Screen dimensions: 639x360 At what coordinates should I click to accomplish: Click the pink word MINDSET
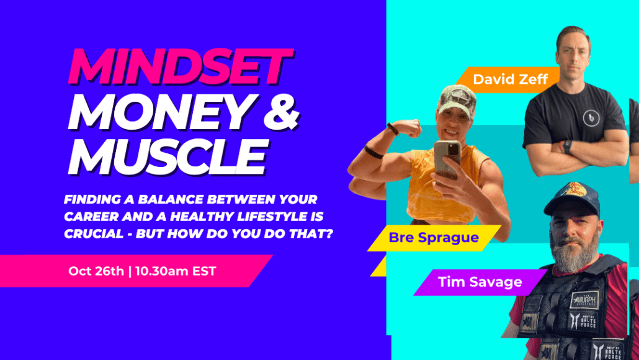click(x=181, y=67)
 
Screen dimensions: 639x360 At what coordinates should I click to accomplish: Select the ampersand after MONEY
click(x=281, y=112)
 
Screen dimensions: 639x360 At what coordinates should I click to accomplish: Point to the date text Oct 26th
click(x=96, y=271)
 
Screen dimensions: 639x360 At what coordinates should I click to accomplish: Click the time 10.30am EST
click(x=176, y=271)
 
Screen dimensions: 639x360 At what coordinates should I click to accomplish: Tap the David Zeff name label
click(x=510, y=79)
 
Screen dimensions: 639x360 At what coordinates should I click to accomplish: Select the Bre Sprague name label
click(x=434, y=237)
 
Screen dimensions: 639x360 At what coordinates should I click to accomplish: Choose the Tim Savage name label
click(x=480, y=282)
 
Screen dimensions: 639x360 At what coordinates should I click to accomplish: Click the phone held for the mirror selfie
click(x=447, y=159)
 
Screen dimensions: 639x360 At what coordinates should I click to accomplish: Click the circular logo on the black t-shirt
click(x=591, y=118)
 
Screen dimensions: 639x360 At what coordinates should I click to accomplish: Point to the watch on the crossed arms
click(x=567, y=146)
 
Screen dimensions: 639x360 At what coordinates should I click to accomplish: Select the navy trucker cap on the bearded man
click(x=572, y=199)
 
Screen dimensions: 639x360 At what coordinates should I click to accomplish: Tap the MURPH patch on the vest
click(x=584, y=300)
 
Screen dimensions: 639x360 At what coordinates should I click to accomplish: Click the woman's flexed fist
click(x=409, y=128)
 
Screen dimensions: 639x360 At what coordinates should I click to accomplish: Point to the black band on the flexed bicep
click(x=373, y=152)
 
